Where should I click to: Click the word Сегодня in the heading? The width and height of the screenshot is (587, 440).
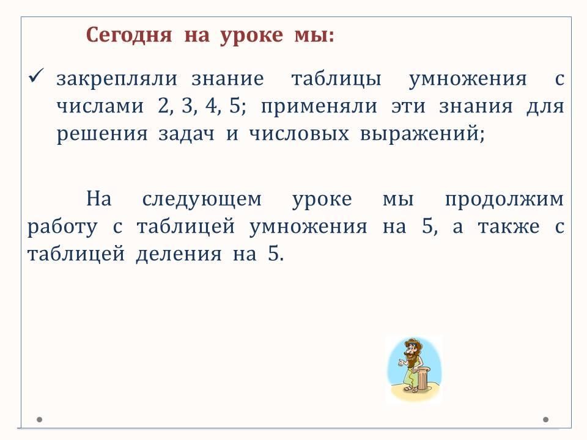[129, 36]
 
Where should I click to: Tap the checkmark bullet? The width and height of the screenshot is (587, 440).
[36, 76]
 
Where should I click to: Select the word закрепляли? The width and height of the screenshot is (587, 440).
[117, 79]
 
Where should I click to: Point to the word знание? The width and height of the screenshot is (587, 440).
[227, 79]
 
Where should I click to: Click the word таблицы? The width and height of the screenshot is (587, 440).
[336, 79]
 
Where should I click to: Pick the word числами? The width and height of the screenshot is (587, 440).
[100, 106]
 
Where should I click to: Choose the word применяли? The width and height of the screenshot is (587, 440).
[319, 107]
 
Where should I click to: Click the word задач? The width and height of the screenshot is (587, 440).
[187, 134]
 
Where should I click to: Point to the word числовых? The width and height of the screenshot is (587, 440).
[299, 134]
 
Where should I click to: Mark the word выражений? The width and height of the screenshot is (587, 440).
[423, 134]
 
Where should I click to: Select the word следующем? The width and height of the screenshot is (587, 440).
[202, 199]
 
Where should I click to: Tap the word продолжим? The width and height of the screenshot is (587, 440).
[504, 199]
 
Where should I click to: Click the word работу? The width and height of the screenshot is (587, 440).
[62, 226]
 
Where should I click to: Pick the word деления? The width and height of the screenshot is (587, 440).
[179, 254]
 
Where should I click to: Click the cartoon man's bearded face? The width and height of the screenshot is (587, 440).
[411, 352]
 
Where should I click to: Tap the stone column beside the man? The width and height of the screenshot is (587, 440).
[423, 378]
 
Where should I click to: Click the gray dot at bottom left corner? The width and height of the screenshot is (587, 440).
[39, 419]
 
